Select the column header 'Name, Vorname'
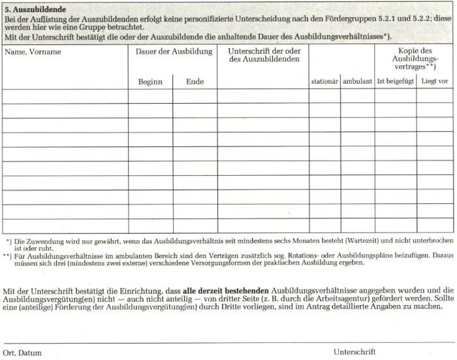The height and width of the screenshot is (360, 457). coord(33,52)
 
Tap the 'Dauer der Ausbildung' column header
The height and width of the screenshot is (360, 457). coord(174,52)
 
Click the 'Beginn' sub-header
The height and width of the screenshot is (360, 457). coord(150,82)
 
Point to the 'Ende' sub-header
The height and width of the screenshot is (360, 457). coord(195,82)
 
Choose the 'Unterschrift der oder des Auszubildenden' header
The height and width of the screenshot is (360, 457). coord(264,55)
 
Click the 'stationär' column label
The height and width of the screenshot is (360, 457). coord(324,82)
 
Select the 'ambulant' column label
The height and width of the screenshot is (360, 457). coord(357,82)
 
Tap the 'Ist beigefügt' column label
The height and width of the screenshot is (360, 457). coord(395,82)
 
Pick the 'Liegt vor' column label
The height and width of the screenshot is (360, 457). coord(435,82)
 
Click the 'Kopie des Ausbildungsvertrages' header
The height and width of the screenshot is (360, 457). coord(415,59)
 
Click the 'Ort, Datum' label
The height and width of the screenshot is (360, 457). coord(22,353)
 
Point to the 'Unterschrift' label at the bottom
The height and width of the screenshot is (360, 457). coord(355,352)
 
